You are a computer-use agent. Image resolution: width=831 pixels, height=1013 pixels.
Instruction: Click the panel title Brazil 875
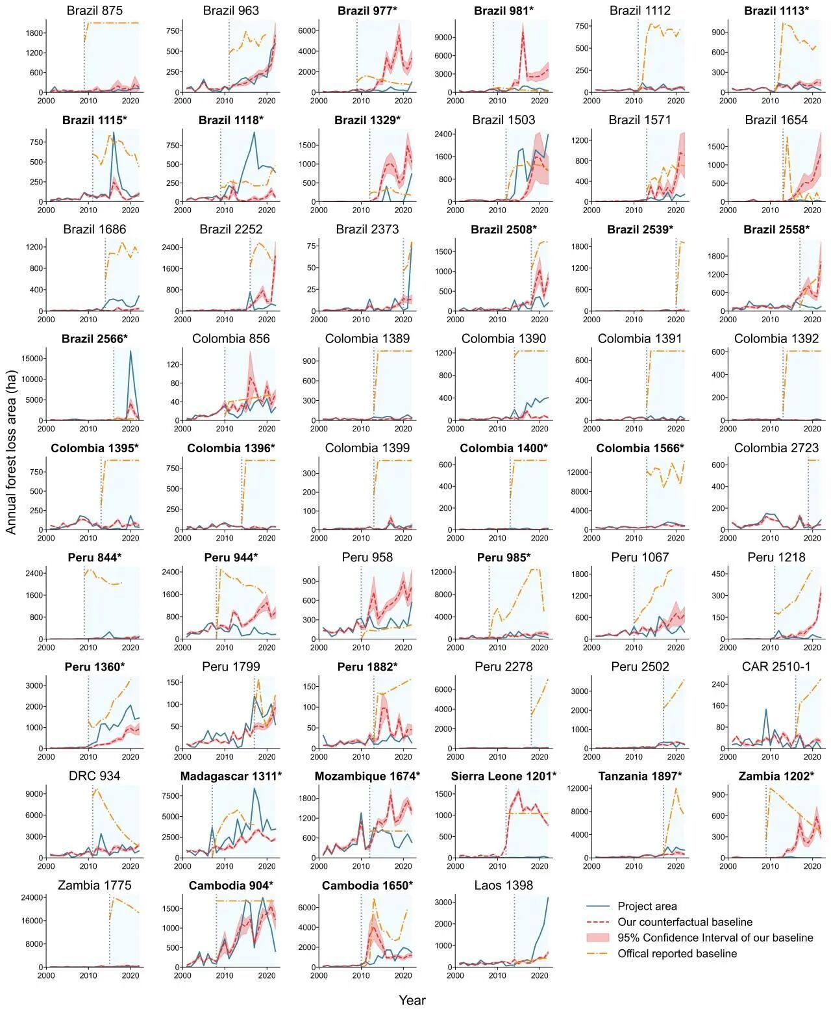(94, 10)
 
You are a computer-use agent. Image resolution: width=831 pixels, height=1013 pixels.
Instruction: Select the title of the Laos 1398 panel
(503, 885)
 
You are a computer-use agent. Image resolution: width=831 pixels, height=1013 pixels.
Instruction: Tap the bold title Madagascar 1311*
(230, 776)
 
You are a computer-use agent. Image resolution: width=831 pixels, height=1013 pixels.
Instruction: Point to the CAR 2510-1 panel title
(776, 667)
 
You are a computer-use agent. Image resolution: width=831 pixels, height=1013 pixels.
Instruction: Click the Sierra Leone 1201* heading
(503, 776)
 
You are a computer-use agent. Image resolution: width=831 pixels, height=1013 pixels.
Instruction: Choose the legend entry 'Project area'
(647, 906)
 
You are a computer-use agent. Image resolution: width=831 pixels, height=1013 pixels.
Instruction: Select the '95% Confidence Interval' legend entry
(715, 938)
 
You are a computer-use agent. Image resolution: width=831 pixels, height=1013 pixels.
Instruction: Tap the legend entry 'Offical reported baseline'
(677, 953)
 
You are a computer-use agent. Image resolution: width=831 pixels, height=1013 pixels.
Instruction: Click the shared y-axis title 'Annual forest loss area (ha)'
(11, 452)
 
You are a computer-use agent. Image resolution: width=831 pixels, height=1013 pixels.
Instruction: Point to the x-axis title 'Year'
(412, 1000)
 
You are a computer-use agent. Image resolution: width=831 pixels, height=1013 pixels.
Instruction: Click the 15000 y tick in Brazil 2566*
(32, 358)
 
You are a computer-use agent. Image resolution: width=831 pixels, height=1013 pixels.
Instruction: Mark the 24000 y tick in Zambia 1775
(32, 897)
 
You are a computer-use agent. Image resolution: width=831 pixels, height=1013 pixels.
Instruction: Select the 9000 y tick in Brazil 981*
(443, 37)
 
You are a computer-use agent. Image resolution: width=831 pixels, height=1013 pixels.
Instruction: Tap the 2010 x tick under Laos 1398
(497, 975)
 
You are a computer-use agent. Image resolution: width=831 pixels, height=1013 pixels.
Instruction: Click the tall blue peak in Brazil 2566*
(130, 352)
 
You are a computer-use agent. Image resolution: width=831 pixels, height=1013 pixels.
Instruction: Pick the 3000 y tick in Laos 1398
(443, 902)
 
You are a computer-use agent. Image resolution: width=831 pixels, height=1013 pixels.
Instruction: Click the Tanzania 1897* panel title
(639, 776)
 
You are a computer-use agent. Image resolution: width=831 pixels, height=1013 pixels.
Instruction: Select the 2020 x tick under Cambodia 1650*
(403, 975)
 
